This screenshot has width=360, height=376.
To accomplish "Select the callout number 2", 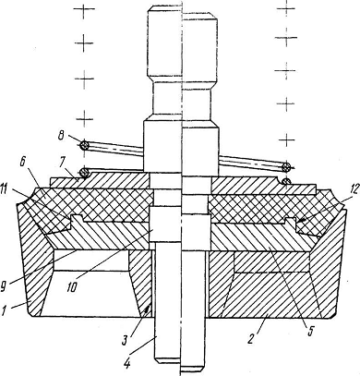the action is [x=251, y=339].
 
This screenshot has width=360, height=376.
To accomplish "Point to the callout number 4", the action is [x=126, y=364].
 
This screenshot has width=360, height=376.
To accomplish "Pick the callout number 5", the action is [x=310, y=331].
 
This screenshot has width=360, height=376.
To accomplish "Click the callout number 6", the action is [x=23, y=163].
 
